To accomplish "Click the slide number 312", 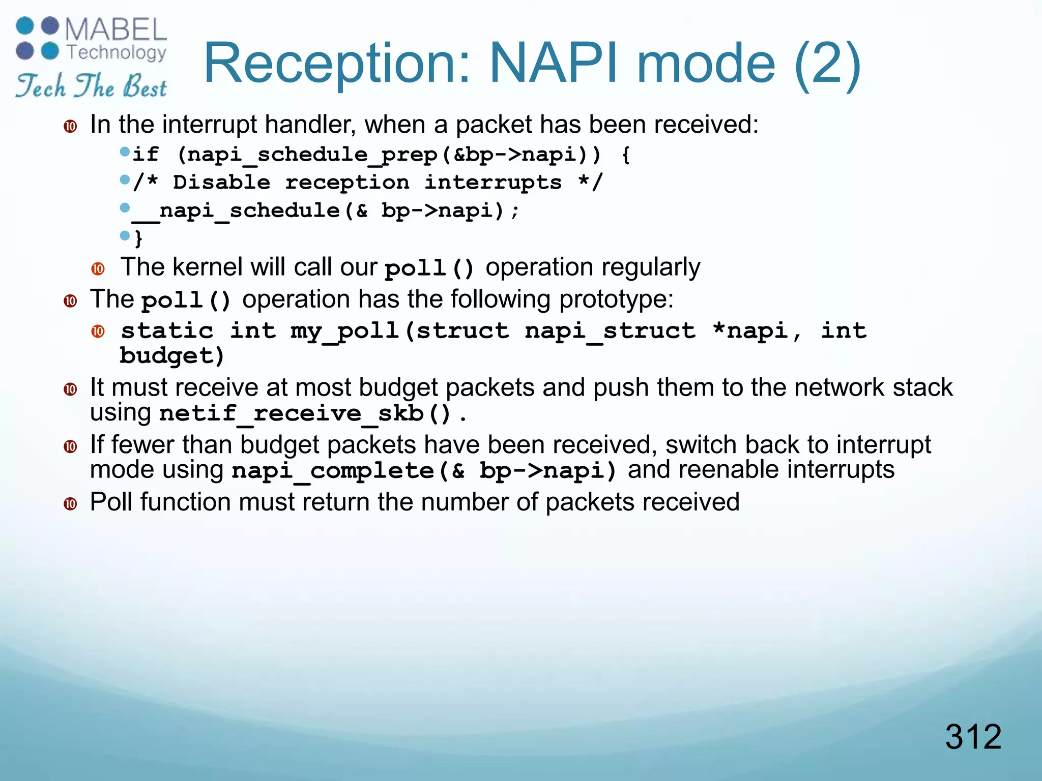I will (973, 737).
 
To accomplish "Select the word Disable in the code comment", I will (221, 182).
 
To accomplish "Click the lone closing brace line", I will (138, 238).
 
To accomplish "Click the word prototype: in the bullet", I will (616, 299).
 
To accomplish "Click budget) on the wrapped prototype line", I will (172, 356).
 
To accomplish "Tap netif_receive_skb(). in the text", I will (312, 413).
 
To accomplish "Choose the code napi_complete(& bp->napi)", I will (424, 470).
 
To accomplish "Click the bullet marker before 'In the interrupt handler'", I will (70, 126).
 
